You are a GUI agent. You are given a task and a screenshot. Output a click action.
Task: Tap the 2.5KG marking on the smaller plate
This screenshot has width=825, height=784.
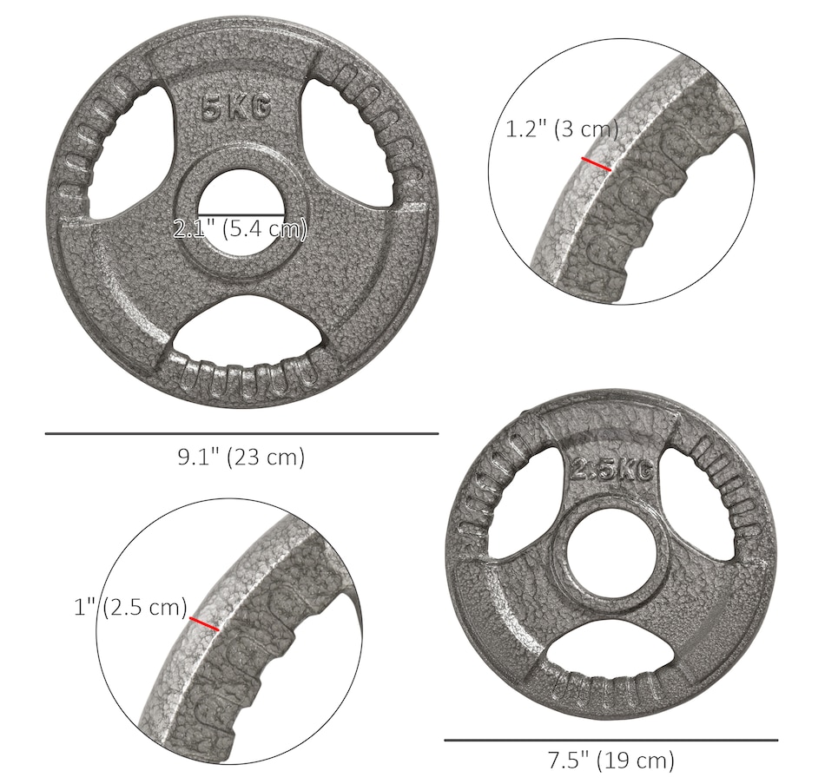[613, 468]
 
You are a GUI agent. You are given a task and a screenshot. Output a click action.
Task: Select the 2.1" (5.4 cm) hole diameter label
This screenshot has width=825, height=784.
[240, 229]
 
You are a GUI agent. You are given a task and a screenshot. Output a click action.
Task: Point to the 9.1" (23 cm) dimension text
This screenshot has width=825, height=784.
[241, 457]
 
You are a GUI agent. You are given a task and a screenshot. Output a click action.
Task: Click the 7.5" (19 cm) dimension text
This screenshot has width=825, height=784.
[610, 760]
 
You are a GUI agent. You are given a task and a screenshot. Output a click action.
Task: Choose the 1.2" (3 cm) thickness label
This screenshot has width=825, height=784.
[562, 128]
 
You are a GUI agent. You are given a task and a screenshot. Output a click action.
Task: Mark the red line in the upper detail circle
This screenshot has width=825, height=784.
[596, 163]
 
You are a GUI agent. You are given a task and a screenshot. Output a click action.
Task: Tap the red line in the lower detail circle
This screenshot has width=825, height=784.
[204, 623]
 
